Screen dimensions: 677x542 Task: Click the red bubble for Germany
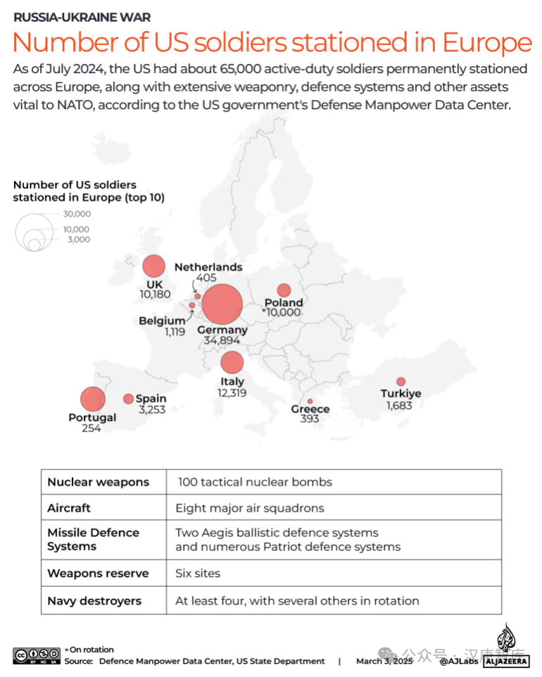tap(222, 305)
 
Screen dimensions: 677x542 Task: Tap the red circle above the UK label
tap(153, 266)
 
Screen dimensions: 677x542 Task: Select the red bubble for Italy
tap(232, 362)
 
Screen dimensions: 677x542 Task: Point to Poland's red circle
tap(284, 290)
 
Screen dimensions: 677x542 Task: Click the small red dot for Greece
tap(310, 401)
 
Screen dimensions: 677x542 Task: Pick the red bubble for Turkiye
tap(401, 381)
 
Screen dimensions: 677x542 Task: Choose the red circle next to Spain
tap(128, 398)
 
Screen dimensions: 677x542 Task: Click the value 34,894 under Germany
tap(222, 341)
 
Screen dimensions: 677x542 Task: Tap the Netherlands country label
tap(208, 267)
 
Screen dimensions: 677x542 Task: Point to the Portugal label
tap(92, 417)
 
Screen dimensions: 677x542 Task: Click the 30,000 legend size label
tap(77, 214)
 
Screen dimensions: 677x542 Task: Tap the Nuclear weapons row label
tap(99, 482)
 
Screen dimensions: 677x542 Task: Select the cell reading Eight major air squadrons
tap(250, 508)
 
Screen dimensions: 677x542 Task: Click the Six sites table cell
tap(198, 573)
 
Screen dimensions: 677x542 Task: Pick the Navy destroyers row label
tap(94, 601)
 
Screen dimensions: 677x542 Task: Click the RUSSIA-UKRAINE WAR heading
tap(82, 17)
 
